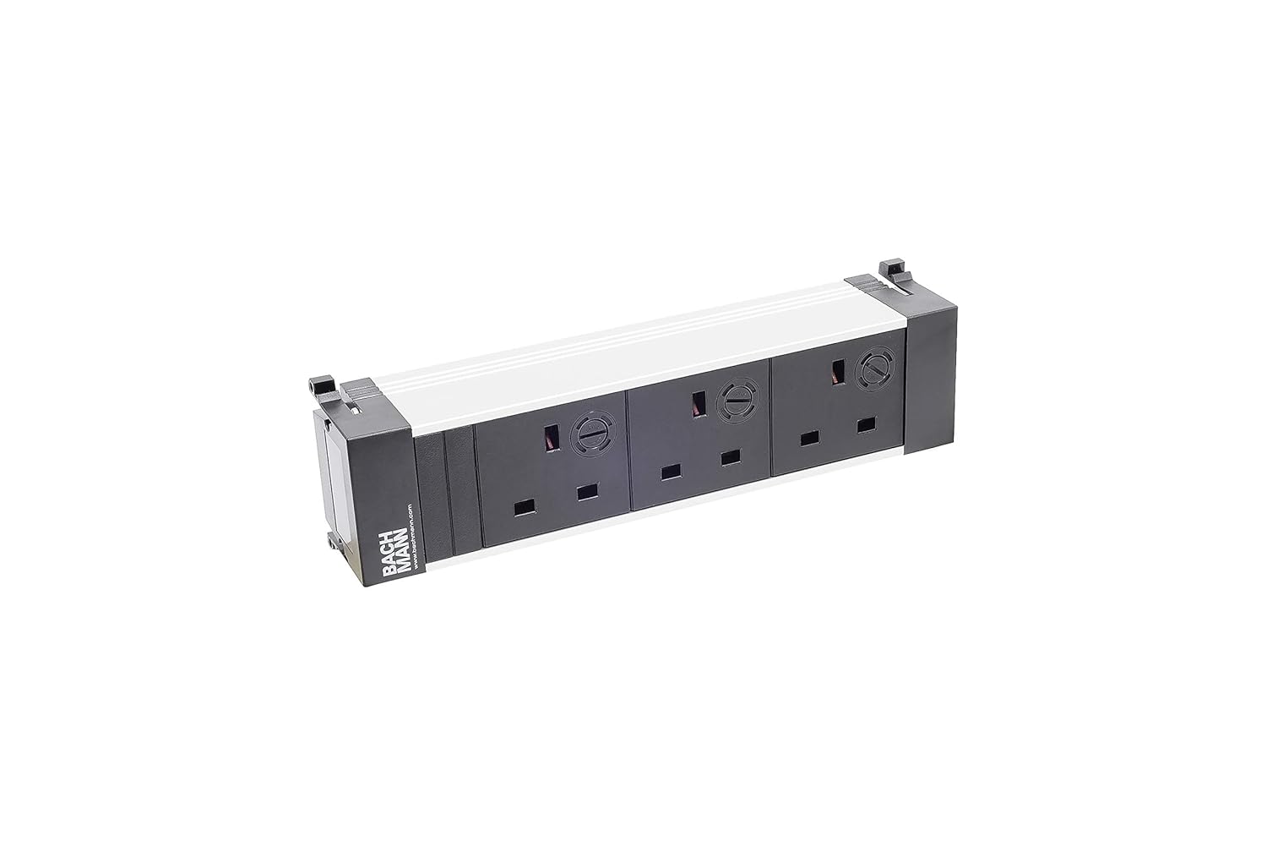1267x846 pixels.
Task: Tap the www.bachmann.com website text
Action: coord(411,541)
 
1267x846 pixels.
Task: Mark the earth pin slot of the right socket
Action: coord(839,374)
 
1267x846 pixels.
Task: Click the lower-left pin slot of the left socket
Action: coord(525,507)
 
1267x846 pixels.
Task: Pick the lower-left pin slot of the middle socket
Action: coord(672,471)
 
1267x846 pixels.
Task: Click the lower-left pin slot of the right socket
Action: coord(809,439)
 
